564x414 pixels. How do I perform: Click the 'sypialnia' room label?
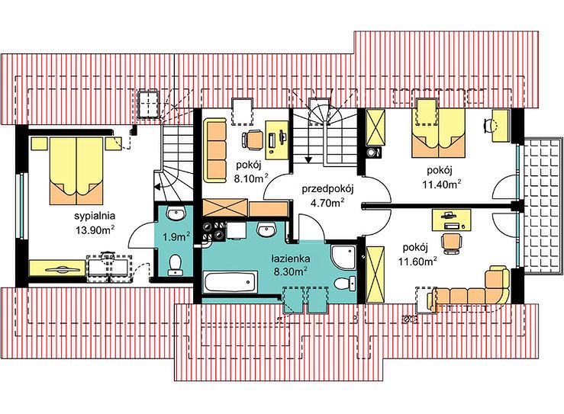click(x=95, y=216)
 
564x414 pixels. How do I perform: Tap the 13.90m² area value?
click(x=95, y=230)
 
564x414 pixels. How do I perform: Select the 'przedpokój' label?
click(x=328, y=189)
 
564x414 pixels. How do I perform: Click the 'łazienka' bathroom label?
click(x=291, y=258)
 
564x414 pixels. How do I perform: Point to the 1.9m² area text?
click(x=176, y=237)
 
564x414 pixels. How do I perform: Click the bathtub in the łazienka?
click(x=230, y=282)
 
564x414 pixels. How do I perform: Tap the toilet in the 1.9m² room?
click(x=176, y=265)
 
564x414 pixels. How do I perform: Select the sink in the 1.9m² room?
click(x=176, y=213)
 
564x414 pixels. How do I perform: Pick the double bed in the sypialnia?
click(x=76, y=170)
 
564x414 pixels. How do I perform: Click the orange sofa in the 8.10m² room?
click(x=214, y=150)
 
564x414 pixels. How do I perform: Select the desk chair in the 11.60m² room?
click(x=452, y=243)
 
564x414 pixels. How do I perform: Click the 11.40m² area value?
click(x=442, y=185)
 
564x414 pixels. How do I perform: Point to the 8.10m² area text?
click(x=251, y=178)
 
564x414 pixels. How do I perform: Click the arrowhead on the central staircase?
click(x=308, y=160)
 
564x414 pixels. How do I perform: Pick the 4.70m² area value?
click(x=327, y=203)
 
